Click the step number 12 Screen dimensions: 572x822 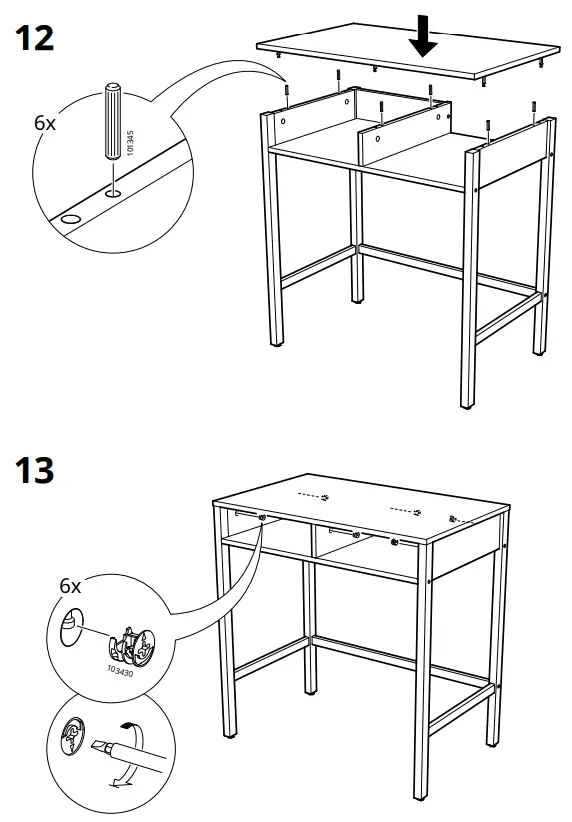(x=35, y=38)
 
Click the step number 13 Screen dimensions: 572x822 (x=35, y=470)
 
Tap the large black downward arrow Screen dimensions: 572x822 (x=423, y=36)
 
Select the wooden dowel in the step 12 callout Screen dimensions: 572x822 (x=113, y=121)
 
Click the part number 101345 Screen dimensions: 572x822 (x=131, y=143)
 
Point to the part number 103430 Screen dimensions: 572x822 (x=120, y=670)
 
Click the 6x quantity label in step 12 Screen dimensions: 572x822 (x=45, y=123)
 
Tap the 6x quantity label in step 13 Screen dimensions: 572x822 (x=70, y=586)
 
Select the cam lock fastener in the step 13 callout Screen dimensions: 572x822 (x=132, y=645)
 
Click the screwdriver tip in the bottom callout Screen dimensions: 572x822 (x=99, y=745)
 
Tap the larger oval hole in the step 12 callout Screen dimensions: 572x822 (x=71, y=219)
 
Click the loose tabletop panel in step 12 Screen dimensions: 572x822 (x=408, y=50)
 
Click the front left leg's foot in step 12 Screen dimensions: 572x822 (x=276, y=344)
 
